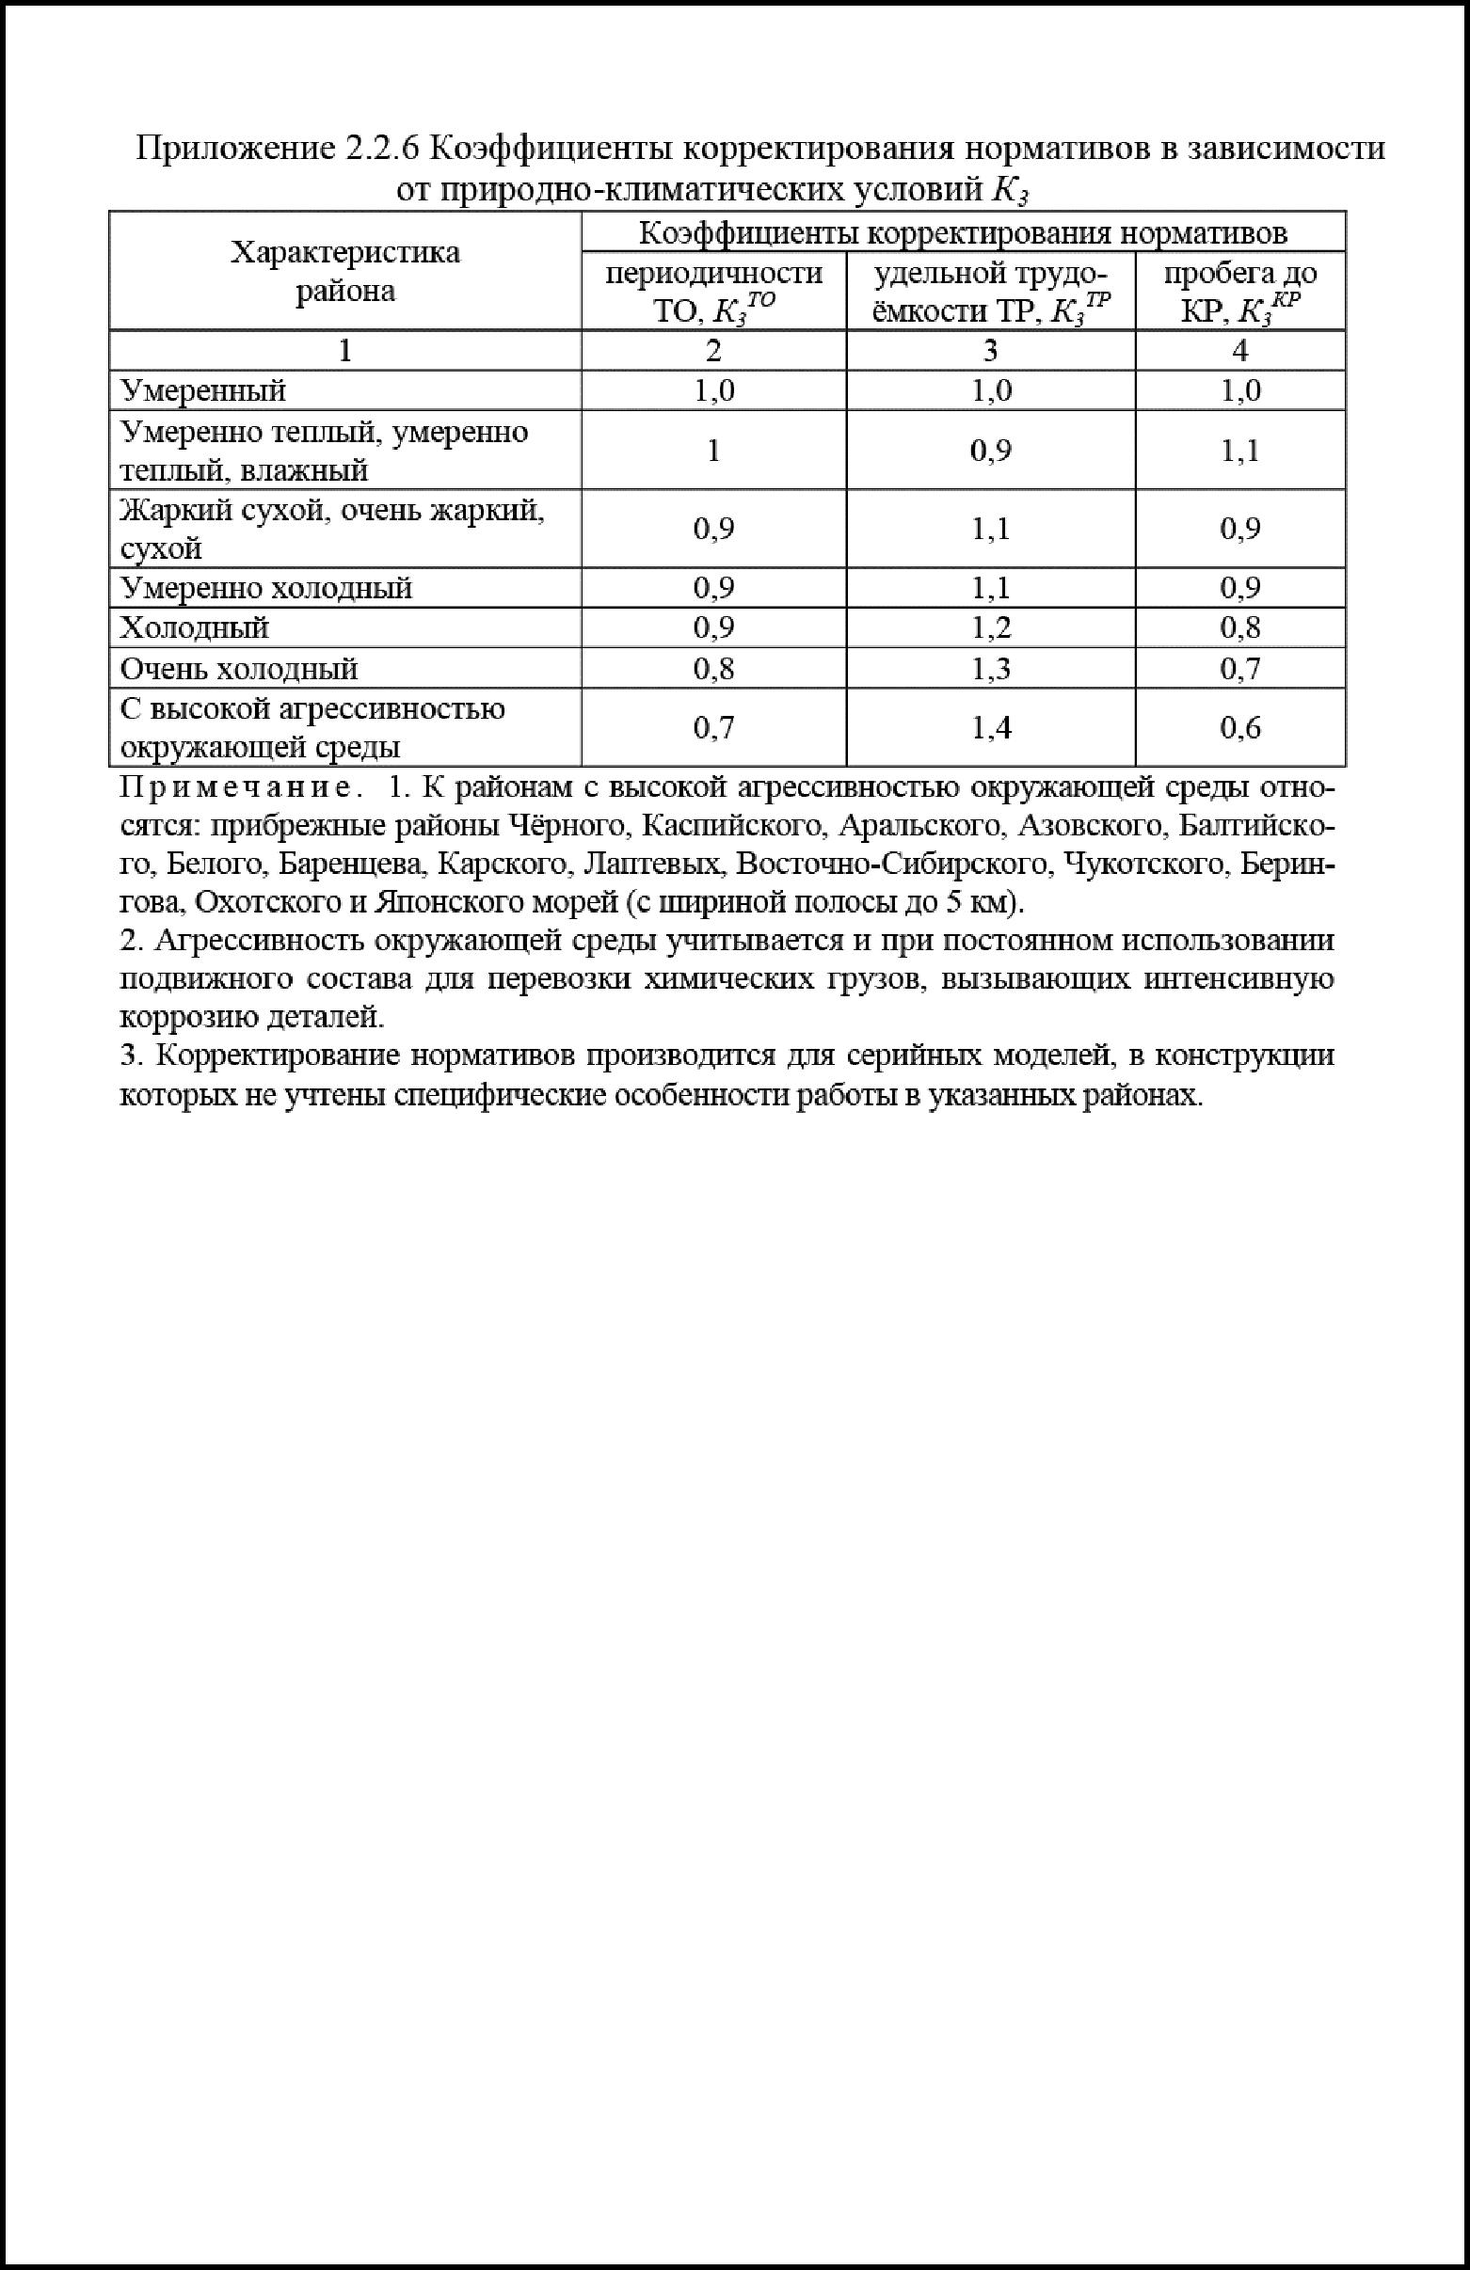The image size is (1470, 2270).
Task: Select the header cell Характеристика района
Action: pos(345,271)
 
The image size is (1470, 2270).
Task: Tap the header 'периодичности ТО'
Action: pos(713,292)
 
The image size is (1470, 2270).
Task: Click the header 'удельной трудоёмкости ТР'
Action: pos(990,292)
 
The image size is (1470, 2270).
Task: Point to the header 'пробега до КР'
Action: pos(1239,292)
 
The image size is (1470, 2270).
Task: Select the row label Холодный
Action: pos(195,627)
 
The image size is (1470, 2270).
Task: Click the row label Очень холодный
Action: pos(238,669)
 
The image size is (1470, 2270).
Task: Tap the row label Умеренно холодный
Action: pos(266,588)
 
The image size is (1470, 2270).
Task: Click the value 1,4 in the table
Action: pos(990,729)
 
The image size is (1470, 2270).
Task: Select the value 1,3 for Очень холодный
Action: pos(990,669)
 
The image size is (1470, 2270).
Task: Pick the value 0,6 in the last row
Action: pos(1239,729)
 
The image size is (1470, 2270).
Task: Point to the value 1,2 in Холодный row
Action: pos(990,627)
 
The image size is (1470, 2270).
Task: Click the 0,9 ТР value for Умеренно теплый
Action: pos(990,451)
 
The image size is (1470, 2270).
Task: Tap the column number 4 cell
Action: pos(1239,351)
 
